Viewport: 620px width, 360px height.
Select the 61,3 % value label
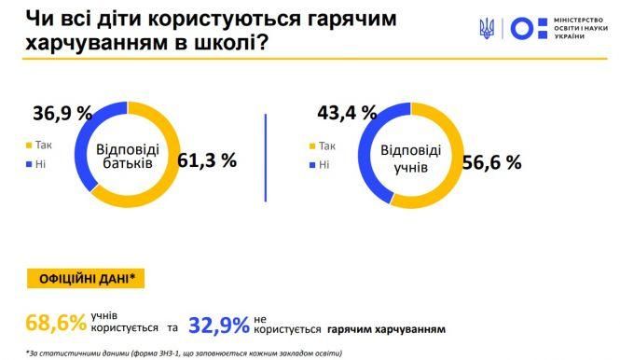(207, 160)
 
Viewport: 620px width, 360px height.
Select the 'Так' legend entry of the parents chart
(40, 145)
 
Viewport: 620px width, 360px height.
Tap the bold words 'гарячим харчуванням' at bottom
(393, 329)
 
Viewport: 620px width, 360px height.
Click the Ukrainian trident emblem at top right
(487, 30)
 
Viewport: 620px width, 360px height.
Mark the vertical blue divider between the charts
(267, 155)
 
